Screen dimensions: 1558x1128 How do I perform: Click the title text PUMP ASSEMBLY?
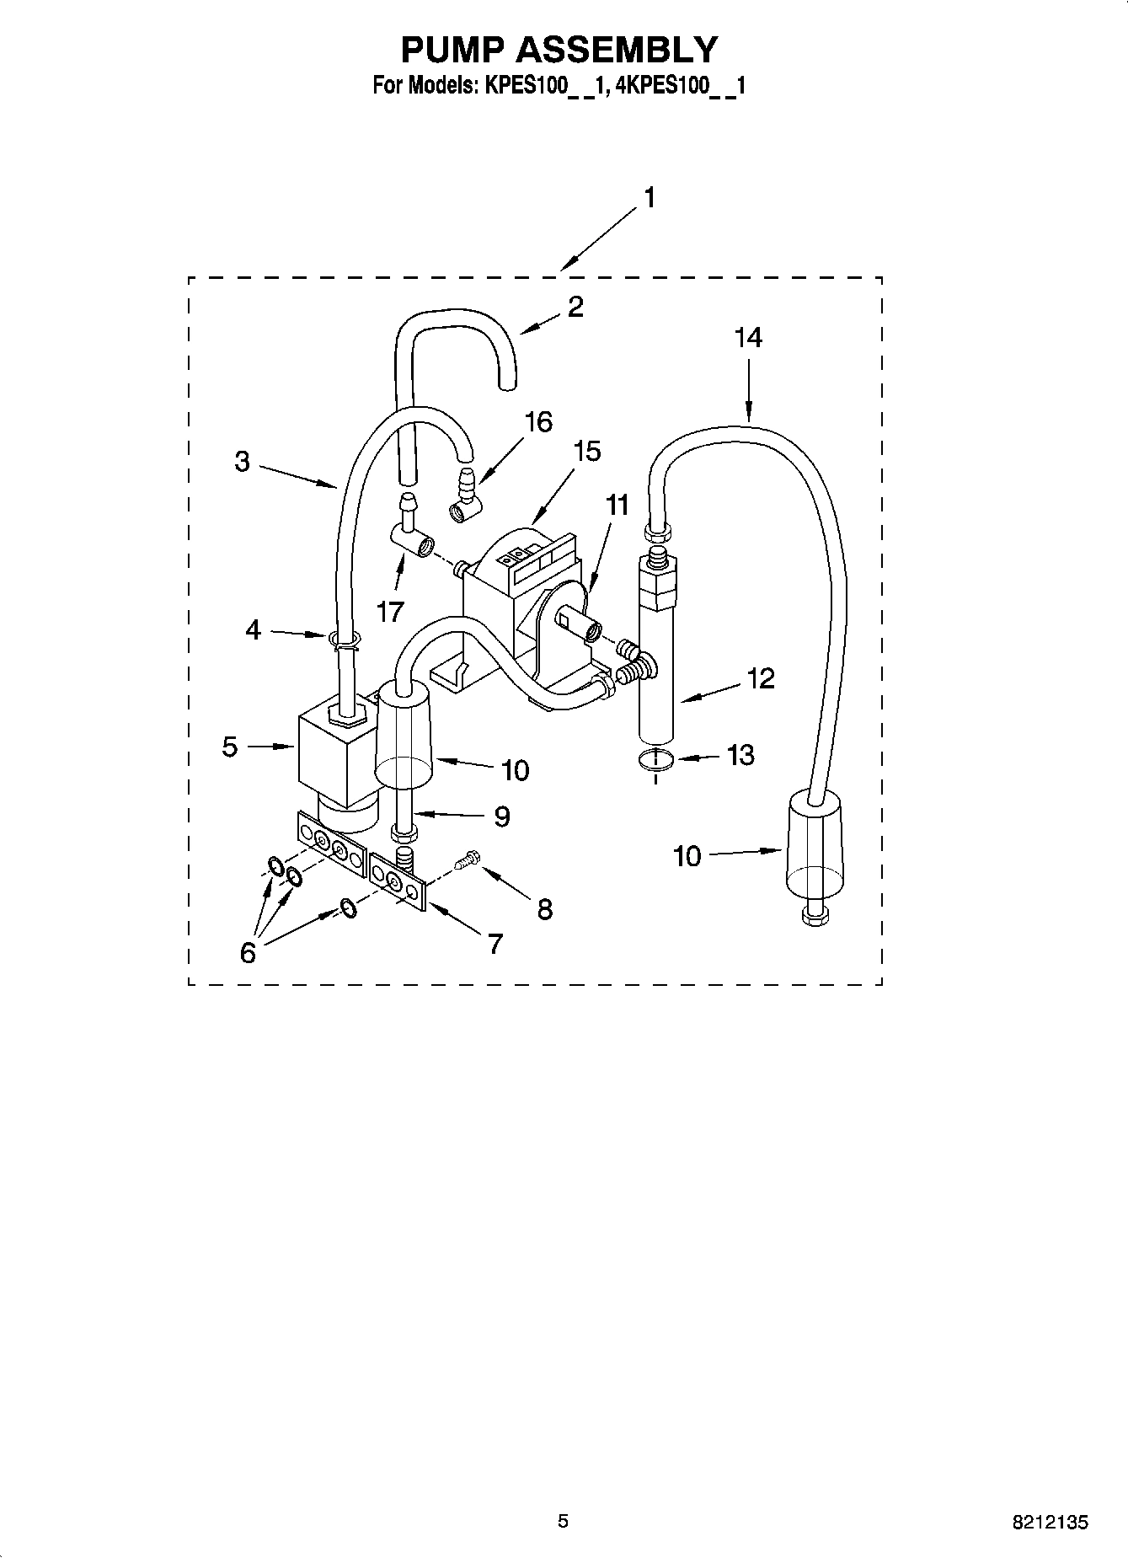point(559,50)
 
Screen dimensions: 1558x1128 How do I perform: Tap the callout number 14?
point(747,338)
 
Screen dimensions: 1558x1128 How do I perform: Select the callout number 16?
point(538,421)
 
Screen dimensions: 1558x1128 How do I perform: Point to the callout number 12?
point(760,678)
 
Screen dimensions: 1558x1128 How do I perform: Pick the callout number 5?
point(230,747)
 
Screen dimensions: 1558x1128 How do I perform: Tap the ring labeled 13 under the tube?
point(656,759)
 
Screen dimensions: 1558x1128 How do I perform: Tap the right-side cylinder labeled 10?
point(812,847)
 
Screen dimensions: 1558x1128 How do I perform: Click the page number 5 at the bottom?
point(564,1522)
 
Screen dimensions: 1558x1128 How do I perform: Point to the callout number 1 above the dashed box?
point(649,198)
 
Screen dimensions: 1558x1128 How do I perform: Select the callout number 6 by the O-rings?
point(248,952)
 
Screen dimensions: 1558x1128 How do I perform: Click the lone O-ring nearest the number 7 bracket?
point(348,907)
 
